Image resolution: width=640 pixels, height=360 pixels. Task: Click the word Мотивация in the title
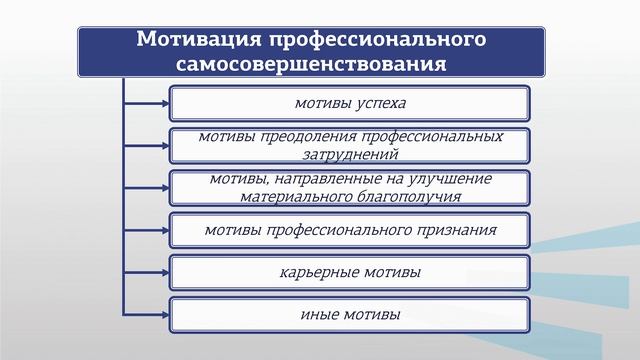(196, 40)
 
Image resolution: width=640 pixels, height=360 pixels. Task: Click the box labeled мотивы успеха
(349, 102)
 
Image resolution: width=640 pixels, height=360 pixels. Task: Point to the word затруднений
(349, 154)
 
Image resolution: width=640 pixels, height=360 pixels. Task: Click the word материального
(291, 197)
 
